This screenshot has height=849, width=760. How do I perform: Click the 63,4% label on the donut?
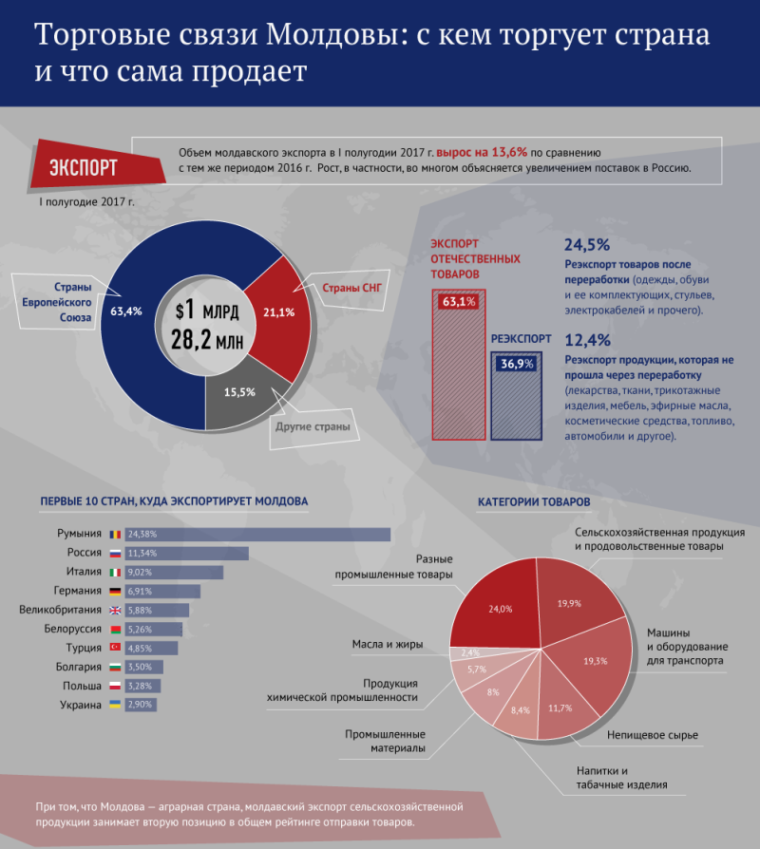click(x=126, y=311)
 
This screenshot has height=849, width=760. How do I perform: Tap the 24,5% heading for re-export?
click(x=587, y=244)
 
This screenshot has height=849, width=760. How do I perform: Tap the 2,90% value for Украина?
click(x=141, y=706)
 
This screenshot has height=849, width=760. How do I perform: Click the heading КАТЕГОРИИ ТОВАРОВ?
click(x=534, y=500)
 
